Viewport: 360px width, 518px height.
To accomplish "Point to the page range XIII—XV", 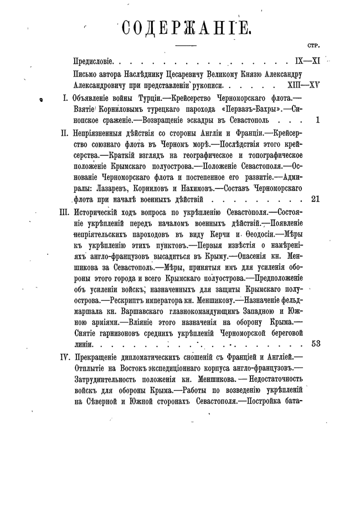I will (304, 86).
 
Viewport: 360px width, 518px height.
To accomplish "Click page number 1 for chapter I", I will (317, 119).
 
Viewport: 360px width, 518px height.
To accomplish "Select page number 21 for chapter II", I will (316, 199).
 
